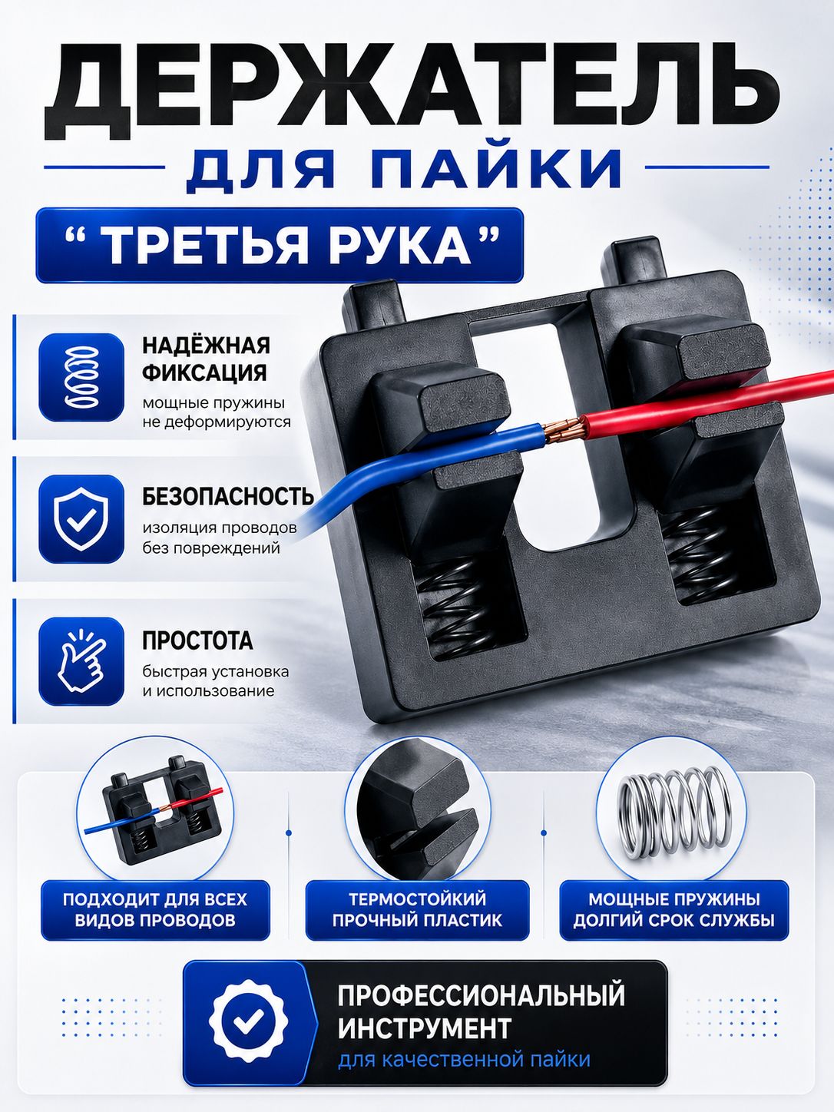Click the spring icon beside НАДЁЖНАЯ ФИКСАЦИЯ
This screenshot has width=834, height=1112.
(x=81, y=377)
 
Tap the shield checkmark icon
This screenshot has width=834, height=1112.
(x=81, y=519)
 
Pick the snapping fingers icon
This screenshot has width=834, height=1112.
(x=81, y=660)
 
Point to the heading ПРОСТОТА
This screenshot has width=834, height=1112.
(x=197, y=640)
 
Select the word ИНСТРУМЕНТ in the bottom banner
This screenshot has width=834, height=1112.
(x=425, y=1028)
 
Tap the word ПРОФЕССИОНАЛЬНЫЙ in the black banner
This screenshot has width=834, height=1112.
(x=482, y=994)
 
